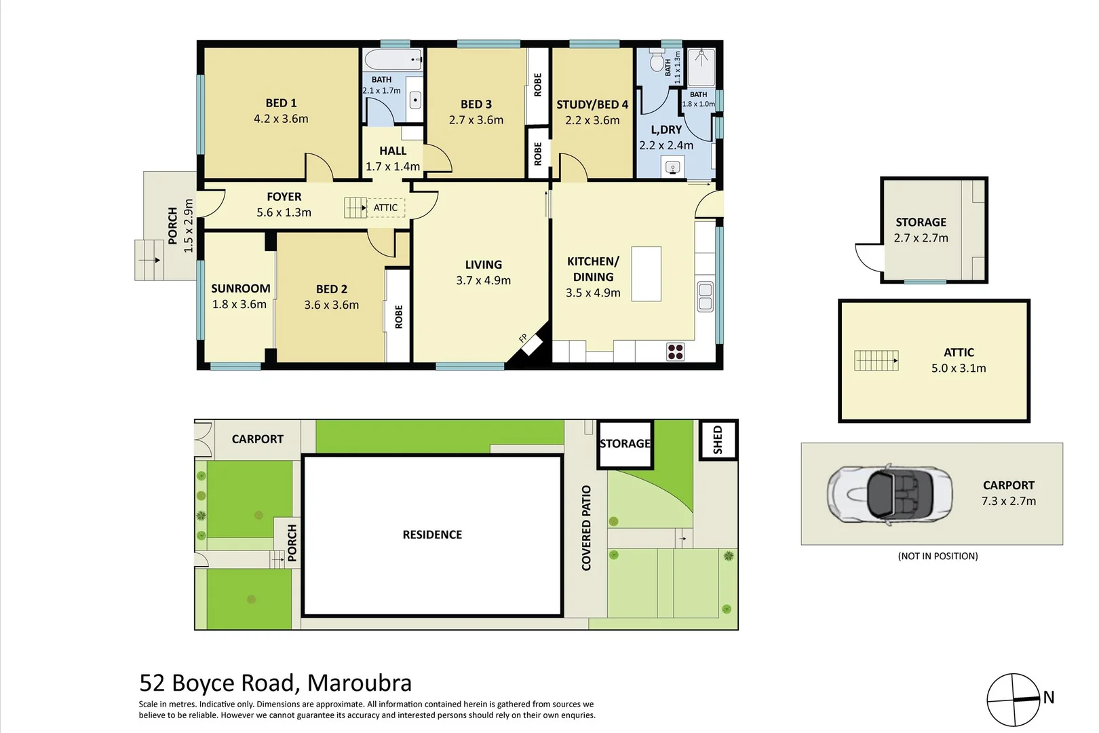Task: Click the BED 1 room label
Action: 281,103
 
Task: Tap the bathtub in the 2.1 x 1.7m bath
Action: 391,60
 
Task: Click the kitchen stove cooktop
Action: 675,352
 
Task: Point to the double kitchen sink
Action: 705,297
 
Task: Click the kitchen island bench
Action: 646,274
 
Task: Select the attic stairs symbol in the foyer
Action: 355,208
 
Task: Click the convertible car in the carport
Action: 889,494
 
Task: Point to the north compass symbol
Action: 1014,700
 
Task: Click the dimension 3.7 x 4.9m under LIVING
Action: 483,280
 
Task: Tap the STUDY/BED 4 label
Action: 592,105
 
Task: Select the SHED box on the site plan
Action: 718,440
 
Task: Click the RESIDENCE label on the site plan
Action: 432,535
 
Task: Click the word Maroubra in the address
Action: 360,683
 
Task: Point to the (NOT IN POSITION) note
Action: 938,556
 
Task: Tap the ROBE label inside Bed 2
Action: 398,317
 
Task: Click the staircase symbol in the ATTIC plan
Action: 876,360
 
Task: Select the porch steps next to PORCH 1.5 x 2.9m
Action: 149,260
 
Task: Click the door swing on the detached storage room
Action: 868,257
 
